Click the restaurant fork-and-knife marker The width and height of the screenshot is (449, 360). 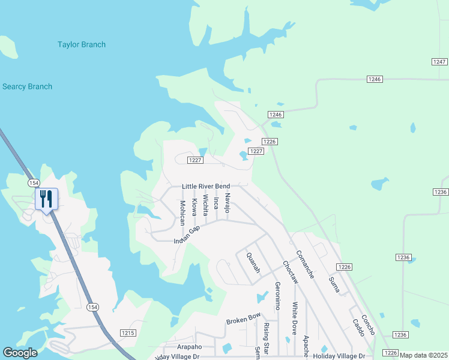click(x=46, y=198)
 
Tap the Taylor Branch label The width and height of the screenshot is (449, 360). click(x=82, y=44)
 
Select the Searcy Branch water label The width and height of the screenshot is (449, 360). click(x=27, y=86)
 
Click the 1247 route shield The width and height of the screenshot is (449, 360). click(x=439, y=62)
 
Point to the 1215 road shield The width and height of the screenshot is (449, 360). click(x=128, y=333)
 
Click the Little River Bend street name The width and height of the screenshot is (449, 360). click(x=206, y=187)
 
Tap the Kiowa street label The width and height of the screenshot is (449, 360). click(x=194, y=208)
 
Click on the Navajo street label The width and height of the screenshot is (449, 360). click(x=227, y=203)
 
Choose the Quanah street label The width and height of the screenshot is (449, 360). click(x=253, y=262)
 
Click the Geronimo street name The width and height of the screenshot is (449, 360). click(x=277, y=295)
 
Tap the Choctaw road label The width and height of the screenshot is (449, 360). click(x=290, y=272)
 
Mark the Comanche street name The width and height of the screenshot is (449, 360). click(x=305, y=265)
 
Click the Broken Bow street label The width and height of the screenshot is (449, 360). click(x=243, y=318)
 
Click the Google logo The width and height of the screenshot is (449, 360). click(x=20, y=353)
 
